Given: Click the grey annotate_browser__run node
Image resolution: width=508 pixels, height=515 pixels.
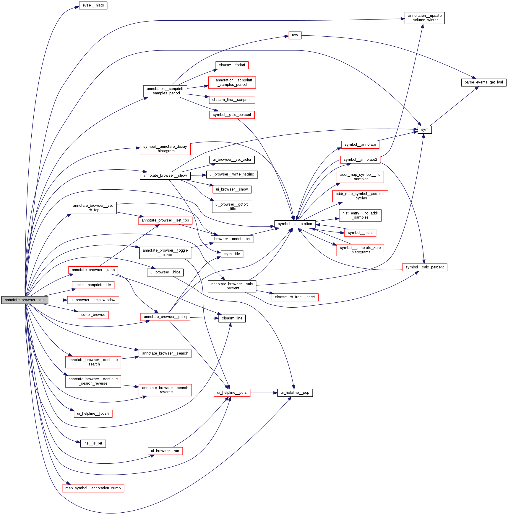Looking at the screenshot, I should (25, 300).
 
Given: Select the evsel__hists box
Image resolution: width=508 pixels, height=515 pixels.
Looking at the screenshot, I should (93, 5).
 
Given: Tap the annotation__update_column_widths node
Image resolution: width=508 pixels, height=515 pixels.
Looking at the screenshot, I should (424, 18).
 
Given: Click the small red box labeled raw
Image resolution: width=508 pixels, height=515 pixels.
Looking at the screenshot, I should (295, 35).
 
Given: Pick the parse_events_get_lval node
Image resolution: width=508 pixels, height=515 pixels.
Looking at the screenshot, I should (483, 82).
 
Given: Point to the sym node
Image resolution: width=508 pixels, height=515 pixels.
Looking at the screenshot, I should (425, 129).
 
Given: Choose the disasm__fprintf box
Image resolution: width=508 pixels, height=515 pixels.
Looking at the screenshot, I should (232, 65).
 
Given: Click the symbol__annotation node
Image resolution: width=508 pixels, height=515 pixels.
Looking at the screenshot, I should (295, 224).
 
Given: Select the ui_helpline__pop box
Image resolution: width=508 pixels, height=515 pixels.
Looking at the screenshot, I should (295, 393).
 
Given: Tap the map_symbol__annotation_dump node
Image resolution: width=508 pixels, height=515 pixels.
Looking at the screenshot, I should (93, 488).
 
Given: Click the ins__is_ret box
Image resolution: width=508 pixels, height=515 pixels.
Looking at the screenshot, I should (93, 443).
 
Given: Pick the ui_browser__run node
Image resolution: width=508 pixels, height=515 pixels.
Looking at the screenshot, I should (165, 451).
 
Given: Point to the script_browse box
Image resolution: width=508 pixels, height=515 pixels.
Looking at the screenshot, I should (93, 315).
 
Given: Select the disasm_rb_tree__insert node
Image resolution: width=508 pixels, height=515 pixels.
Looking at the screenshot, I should (295, 297).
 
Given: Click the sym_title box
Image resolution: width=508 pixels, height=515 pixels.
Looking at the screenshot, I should (232, 254).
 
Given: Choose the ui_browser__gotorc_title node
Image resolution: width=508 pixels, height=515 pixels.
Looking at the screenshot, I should (232, 206).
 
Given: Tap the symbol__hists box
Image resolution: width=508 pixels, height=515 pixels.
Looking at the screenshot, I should (360, 233).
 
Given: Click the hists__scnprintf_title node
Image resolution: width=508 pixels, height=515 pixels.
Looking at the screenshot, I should (93, 285).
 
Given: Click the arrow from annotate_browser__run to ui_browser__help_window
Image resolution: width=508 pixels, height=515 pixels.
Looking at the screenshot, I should (58, 300).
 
